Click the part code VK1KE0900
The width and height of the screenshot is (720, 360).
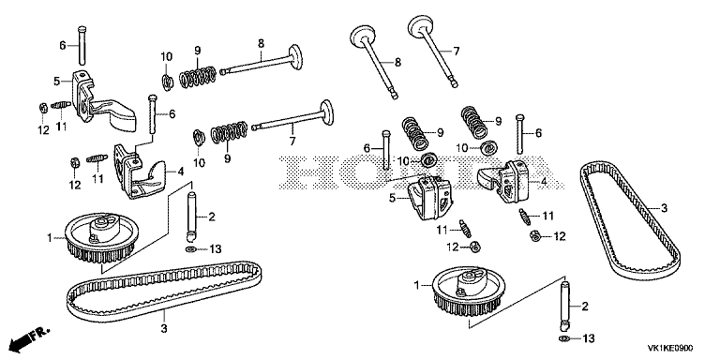point(670,349)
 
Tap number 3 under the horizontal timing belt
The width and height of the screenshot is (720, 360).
point(164,328)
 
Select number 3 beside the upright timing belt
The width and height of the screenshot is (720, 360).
point(664,209)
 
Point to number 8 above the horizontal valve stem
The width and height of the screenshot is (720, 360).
point(261,44)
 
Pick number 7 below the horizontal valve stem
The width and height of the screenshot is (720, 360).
point(292,141)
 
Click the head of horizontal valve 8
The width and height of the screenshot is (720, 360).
point(296,56)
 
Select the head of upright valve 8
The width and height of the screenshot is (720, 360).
point(363,35)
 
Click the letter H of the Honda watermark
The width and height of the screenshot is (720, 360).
point(300,173)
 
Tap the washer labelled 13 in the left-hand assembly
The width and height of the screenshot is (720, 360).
point(190,249)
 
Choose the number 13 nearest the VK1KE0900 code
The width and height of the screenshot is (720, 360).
point(588,338)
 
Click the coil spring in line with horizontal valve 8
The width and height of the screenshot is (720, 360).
point(197,76)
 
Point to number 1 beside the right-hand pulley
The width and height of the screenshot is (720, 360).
point(417,286)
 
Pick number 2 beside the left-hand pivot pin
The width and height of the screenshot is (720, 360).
point(211,217)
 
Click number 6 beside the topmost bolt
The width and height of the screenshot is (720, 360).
point(63,45)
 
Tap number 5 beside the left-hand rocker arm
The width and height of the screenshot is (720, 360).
point(57,82)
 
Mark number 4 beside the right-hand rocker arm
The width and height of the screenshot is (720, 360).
point(544,181)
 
